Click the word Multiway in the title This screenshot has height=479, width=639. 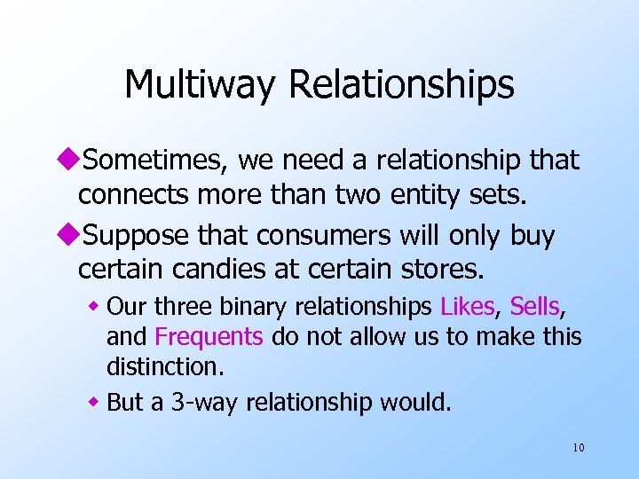click(201, 84)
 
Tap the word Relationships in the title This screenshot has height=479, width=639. click(400, 84)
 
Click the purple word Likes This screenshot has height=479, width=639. click(467, 307)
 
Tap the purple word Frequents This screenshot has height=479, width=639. click(209, 337)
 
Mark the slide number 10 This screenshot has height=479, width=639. click(578, 448)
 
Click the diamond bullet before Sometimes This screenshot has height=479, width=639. click(70, 161)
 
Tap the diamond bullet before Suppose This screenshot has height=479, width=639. click(70, 237)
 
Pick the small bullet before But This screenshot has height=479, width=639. click(97, 403)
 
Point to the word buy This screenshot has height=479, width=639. click(532, 236)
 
